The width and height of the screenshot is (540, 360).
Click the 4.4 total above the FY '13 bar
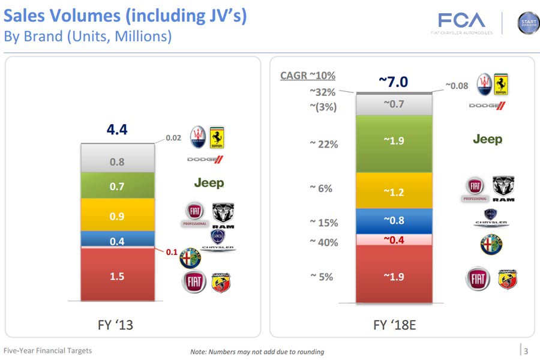pyautogui.click(x=117, y=130)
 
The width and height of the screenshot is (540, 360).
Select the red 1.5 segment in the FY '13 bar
pyautogui.click(x=117, y=277)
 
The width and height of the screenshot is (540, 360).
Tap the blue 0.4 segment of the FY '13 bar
pyautogui.click(x=117, y=241)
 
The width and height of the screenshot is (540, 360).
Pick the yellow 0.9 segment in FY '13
pyautogui.click(x=117, y=215)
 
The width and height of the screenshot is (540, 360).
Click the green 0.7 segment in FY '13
pyautogui.click(x=117, y=187)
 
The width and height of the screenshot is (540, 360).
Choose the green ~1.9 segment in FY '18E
pyautogui.click(x=394, y=141)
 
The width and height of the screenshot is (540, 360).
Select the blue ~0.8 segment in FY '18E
pyautogui.click(x=394, y=221)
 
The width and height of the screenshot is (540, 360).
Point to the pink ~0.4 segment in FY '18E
pyautogui.click(x=394, y=240)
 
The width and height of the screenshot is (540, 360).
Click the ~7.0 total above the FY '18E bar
pyautogui.click(x=393, y=81)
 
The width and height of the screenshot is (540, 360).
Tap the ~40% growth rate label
pyautogui.click(x=323, y=242)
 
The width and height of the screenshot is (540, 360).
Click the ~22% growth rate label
pyautogui.click(x=323, y=145)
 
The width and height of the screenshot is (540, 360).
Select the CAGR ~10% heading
pyautogui.click(x=308, y=76)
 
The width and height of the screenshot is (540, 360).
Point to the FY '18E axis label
pyautogui.click(x=393, y=325)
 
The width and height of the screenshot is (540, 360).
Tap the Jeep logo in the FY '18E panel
pyautogui.click(x=487, y=139)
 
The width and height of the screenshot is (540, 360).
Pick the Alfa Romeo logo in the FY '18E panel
pyautogui.click(x=491, y=245)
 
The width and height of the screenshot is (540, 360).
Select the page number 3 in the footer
pyautogui.click(x=526, y=352)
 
